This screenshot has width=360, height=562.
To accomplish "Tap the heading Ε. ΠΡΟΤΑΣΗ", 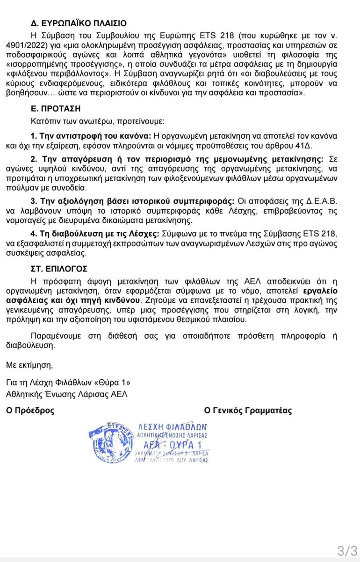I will [x=55, y=108].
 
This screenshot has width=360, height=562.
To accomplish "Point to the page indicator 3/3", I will [x=347, y=550].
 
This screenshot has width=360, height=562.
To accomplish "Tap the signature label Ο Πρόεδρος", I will [x=30, y=411].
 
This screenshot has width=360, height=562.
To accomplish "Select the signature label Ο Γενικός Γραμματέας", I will [x=248, y=411].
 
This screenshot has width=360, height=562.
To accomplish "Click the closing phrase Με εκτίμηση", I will [x=29, y=364].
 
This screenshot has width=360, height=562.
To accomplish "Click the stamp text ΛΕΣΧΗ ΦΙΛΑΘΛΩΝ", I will [x=173, y=427].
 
